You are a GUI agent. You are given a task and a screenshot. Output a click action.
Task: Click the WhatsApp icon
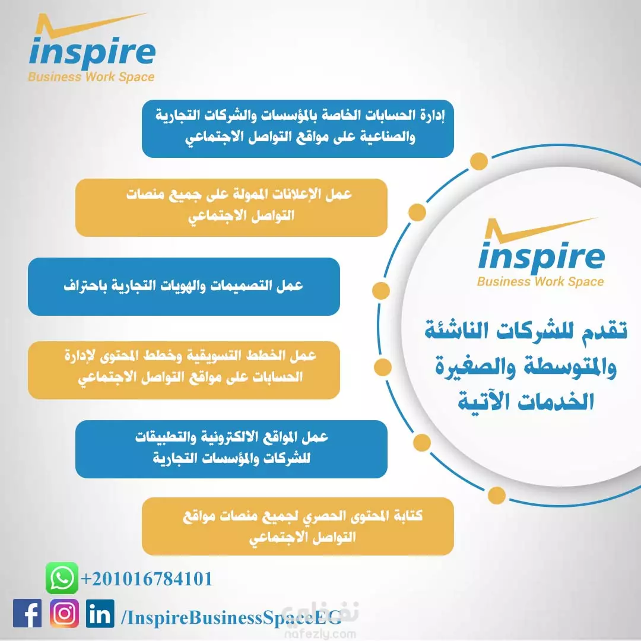click(x=62, y=577)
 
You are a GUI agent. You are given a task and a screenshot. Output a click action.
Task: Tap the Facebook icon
click(x=27, y=613)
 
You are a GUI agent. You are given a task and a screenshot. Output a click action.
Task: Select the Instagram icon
click(x=64, y=613)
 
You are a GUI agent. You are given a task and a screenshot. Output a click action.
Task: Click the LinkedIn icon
click(x=100, y=613)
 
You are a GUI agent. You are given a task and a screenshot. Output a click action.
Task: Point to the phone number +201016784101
click(x=147, y=579)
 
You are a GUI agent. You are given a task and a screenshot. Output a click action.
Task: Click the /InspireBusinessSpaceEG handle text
click(x=231, y=617)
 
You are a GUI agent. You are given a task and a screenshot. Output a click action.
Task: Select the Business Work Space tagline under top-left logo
click(x=91, y=77)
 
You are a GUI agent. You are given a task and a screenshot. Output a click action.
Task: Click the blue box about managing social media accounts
click(x=297, y=128)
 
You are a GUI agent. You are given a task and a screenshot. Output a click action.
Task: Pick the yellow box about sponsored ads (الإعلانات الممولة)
click(x=231, y=207)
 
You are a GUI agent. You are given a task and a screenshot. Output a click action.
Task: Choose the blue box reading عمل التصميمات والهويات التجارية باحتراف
click(x=184, y=286)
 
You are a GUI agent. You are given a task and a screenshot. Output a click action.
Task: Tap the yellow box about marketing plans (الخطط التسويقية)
click(x=184, y=370)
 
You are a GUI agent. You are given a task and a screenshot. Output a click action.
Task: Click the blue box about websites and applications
click(x=231, y=449)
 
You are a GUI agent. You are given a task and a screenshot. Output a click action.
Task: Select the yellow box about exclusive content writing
click(x=297, y=526)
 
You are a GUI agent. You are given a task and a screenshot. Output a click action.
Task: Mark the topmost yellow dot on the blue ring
click(x=479, y=161)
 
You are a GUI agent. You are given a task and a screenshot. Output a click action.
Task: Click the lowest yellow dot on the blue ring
click(x=496, y=496)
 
